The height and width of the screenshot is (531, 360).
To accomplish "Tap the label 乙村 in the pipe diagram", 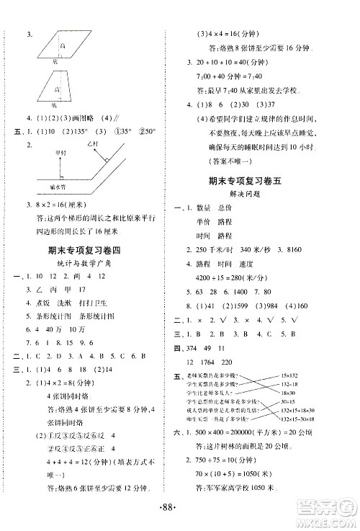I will tap(91, 143).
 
